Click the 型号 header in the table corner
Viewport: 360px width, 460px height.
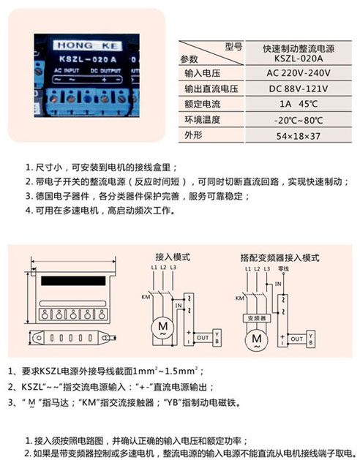click(232, 46)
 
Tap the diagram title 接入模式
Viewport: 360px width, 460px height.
click(173, 257)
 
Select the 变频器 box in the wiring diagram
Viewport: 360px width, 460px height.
click(255, 319)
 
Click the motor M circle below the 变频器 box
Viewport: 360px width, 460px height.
click(255, 339)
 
